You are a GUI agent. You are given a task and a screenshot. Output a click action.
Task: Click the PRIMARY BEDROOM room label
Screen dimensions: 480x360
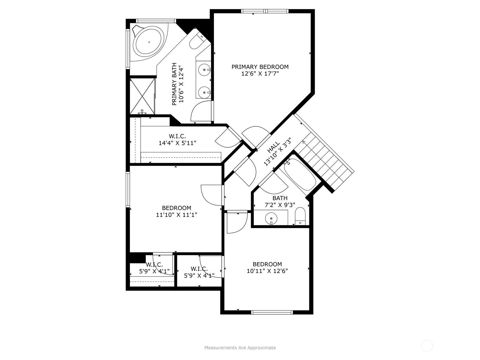(x=260, y=67)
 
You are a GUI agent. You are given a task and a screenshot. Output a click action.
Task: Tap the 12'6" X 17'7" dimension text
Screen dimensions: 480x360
(x=260, y=74)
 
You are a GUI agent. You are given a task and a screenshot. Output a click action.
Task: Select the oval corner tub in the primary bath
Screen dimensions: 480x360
(x=149, y=42)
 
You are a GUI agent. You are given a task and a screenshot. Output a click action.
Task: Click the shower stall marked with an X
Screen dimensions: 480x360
(x=142, y=96)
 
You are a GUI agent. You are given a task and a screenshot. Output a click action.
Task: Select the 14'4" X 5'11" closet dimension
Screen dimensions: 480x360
(x=177, y=143)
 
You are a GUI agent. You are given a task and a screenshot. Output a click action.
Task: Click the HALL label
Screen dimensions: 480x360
(x=274, y=147)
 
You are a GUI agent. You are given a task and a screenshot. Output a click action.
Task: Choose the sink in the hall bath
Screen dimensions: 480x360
(x=271, y=218)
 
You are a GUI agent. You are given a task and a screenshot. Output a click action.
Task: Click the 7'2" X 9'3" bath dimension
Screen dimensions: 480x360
(x=280, y=205)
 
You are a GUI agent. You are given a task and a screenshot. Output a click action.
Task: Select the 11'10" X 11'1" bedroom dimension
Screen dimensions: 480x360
(x=176, y=215)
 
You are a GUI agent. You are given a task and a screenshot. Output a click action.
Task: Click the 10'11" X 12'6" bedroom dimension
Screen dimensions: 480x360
(x=267, y=271)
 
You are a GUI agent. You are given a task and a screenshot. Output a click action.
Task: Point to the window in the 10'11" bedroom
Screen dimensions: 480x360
(x=272, y=312)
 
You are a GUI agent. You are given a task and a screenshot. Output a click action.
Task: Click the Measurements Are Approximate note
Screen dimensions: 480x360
(x=240, y=348)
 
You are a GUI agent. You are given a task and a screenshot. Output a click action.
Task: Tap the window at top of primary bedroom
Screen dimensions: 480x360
(x=265, y=11)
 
